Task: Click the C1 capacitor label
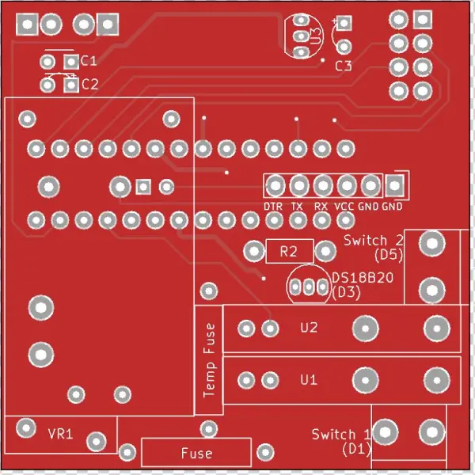tap(89, 61)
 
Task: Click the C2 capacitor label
tap(89, 84)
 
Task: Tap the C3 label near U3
tap(343, 66)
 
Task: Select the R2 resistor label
tap(288, 253)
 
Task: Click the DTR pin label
tap(274, 207)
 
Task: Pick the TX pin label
tap(298, 207)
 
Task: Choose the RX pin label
tap(321, 207)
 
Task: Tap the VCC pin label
tap(345, 207)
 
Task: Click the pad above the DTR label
tap(275, 186)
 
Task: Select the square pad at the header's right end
tap(394, 186)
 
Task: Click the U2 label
tap(309, 327)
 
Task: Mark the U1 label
tap(309, 380)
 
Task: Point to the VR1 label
tap(60, 434)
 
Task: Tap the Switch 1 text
tap(340, 434)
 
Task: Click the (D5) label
tap(389, 254)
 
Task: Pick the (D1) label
tap(356, 449)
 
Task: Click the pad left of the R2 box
tap(253, 252)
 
